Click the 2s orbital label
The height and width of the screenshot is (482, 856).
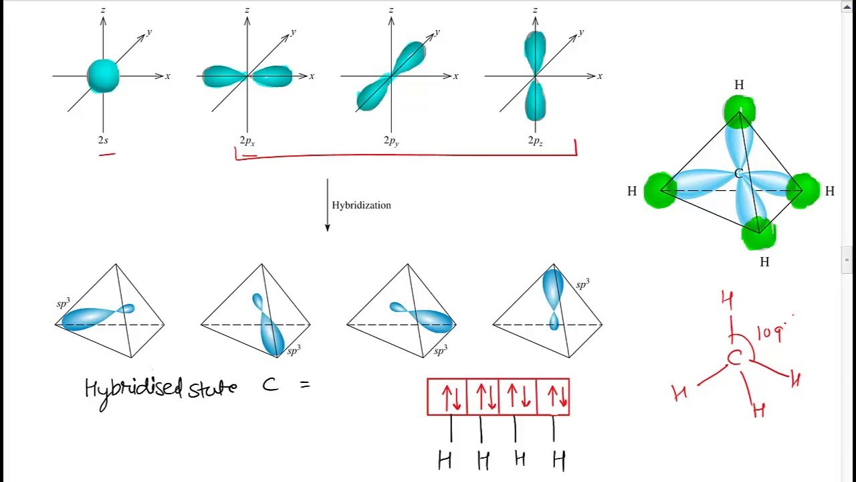pyautogui.click(x=103, y=141)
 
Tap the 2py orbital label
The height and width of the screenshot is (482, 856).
pyautogui.click(x=391, y=141)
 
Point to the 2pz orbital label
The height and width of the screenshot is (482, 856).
pyautogui.click(x=536, y=141)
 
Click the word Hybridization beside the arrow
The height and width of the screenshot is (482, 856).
pyautogui.click(x=361, y=206)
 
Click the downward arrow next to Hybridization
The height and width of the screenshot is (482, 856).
pyautogui.click(x=327, y=205)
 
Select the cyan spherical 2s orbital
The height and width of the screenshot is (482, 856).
pyautogui.click(x=103, y=76)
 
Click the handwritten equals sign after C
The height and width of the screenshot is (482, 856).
pyautogui.click(x=305, y=384)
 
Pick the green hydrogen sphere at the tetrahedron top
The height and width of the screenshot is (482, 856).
pyautogui.click(x=740, y=110)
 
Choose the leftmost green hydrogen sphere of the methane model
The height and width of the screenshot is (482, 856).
pyautogui.click(x=660, y=191)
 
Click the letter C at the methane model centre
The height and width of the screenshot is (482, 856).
pyautogui.click(x=738, y=173)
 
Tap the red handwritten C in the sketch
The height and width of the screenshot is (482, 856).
pyautogui.click(x=734, y=358)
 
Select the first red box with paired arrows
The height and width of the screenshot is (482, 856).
pyautogui.click(x=447, y=397)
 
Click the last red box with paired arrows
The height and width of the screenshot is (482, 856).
pyautogui.click(x=553, y=397)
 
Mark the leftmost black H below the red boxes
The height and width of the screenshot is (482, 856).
pyautogui.click(x=445, y=461)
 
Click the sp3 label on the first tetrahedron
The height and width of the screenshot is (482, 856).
pyautogui.click(x=64, y=303)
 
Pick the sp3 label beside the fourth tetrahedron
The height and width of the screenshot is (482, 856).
pyautogui.click(x=582, y=285)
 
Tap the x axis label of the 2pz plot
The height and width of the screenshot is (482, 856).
pyautogui.click(x=600, y=76)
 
